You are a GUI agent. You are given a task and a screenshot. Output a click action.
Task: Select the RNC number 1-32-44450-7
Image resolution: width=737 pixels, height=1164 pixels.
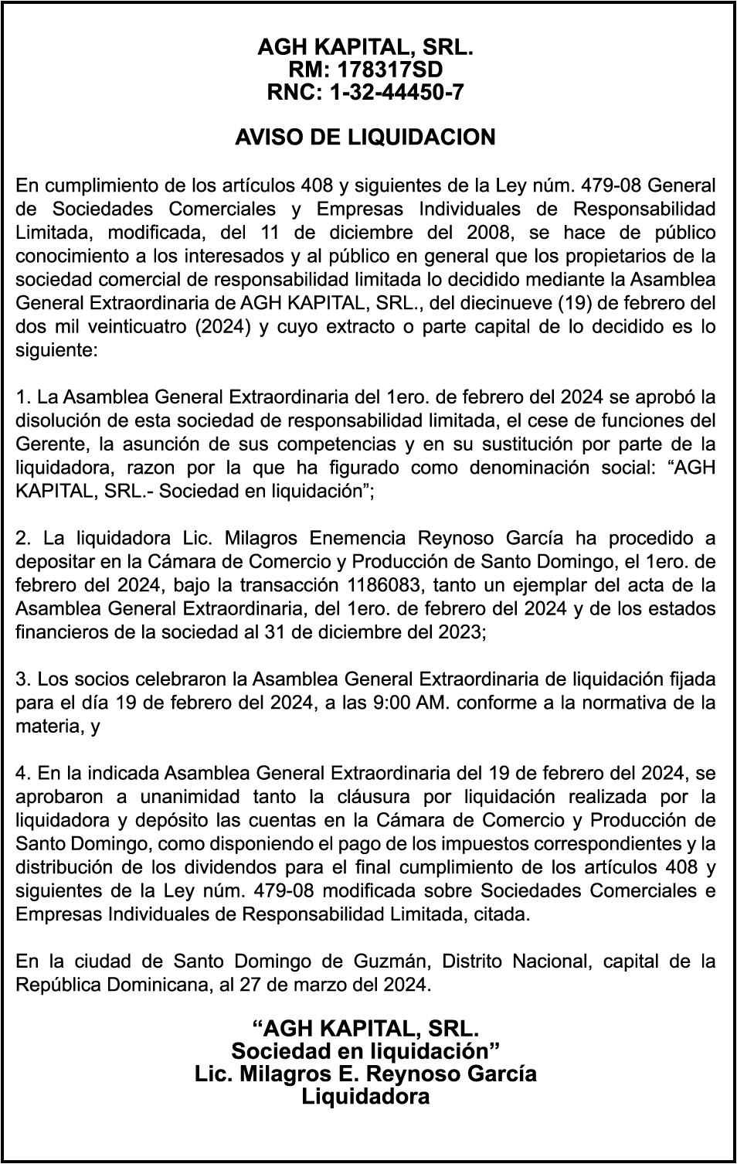click(x=396, y=93)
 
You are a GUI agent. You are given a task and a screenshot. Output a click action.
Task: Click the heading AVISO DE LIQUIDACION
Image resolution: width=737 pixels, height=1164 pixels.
click(x=365, y=138)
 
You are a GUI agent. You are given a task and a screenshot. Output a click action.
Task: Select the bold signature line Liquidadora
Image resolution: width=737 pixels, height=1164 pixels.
click(x=365, y=1096)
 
